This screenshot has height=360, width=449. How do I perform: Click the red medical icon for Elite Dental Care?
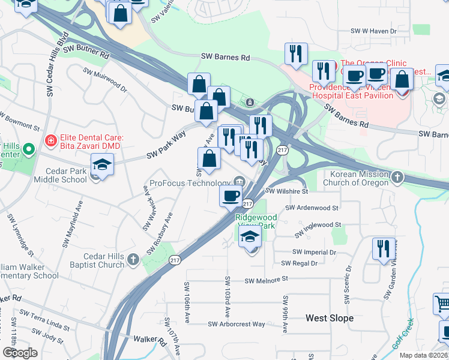tap(51, 142)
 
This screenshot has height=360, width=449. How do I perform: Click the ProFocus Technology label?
tap(190, 182)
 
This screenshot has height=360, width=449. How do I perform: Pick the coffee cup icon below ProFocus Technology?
tap(231, 195)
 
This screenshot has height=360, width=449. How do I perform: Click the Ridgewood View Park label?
tap(256, 221)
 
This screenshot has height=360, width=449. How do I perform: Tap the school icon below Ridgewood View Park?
tap(250, 238)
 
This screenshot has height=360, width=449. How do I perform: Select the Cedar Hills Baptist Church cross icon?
tap(133, 259)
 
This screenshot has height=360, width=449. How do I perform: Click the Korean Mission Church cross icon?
tap(398, 177)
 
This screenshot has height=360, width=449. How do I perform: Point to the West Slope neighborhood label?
tap(330, 318)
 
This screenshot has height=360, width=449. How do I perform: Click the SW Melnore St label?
tap(267, 280)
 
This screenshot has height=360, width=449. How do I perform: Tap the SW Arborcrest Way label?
tap(237, 324)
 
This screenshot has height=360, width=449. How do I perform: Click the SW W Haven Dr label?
tap(373, 31)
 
